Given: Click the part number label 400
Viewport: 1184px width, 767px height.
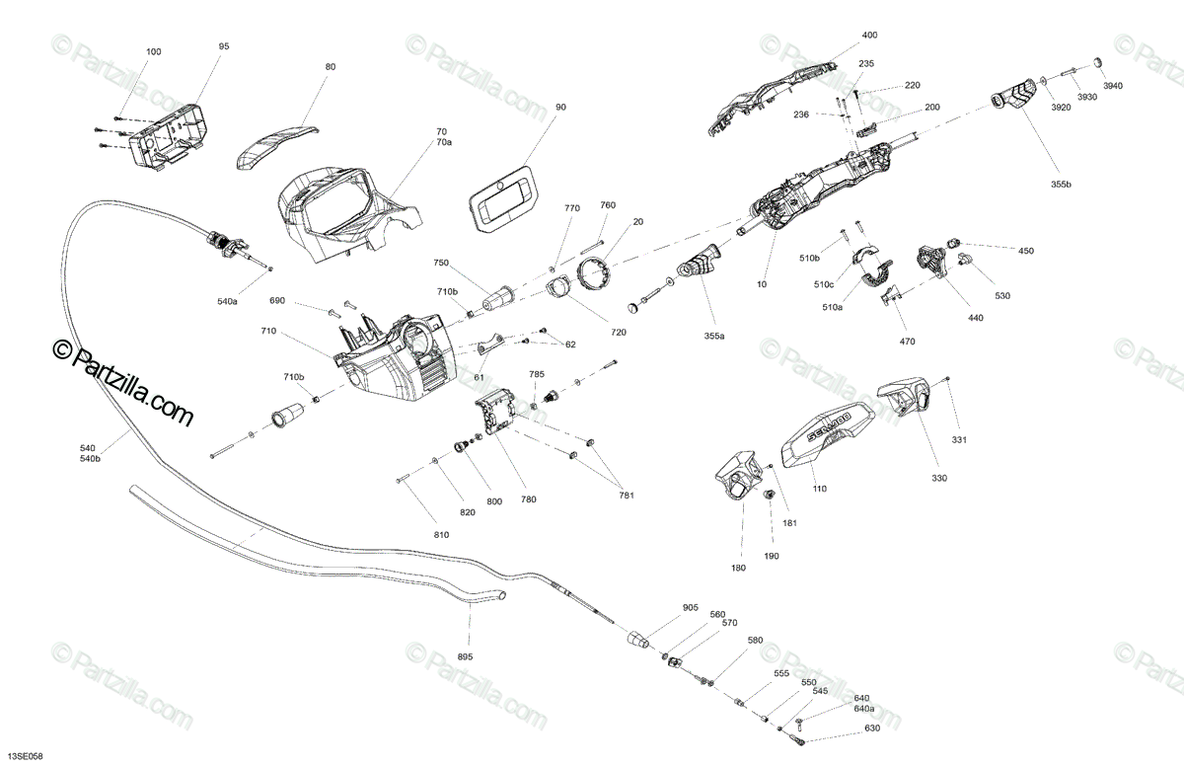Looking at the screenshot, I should tap(869, 35).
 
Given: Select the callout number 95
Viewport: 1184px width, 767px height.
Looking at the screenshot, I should tap(223, 45).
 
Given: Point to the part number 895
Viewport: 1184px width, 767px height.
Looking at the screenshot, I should tap(466, 656).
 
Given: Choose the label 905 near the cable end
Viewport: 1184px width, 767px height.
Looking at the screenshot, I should tap(690, 608).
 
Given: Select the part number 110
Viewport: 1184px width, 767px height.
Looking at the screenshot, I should tap(819, 489).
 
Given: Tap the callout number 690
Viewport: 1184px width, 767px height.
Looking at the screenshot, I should tap(277, 300).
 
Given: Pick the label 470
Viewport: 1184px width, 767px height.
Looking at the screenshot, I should tap(907, 342).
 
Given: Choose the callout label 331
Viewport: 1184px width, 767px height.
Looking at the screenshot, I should tap(959, 439).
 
